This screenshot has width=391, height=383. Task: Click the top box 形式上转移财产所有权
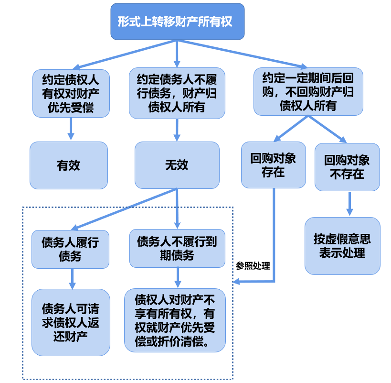pos(178,22)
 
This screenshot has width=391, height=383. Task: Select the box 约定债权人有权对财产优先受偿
pos(71,93)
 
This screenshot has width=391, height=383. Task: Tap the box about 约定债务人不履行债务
pos(177,93)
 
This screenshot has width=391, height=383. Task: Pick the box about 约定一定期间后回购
pos(308,91)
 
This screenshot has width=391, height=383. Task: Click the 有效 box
pos(69,165)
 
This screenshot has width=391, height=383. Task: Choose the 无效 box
pos(177,165)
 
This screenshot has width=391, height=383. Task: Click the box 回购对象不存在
pos(347,167)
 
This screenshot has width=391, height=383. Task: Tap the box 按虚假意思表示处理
pos(342,246)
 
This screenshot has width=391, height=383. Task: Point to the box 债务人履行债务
pos(70,249)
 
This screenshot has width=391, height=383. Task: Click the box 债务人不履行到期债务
pos(177,248)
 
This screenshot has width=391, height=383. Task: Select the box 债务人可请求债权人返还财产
pos(71,322)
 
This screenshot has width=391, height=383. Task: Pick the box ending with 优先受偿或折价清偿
pos(175,320)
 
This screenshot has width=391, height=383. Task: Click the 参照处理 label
pos(253,266)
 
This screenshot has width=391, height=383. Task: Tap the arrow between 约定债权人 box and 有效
pos(71,128)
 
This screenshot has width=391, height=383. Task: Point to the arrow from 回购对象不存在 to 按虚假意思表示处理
pos(350,204)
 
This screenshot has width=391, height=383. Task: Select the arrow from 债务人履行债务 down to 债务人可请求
pos(73,278)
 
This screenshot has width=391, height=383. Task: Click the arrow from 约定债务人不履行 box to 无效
pos(177,130)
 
